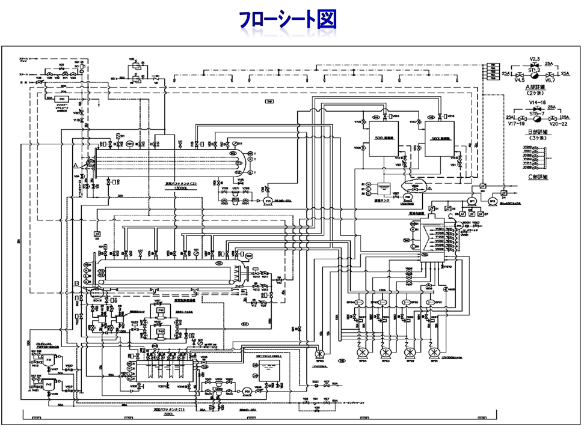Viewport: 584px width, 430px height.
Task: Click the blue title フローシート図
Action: [x=287, y=20]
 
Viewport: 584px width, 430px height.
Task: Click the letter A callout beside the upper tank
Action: [x=76, y=164]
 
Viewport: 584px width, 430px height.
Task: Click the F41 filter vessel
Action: [x=48, y=359]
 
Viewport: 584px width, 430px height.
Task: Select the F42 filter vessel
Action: [x=48, y=384]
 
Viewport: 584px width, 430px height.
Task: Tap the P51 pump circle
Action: [x=247, y=391]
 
